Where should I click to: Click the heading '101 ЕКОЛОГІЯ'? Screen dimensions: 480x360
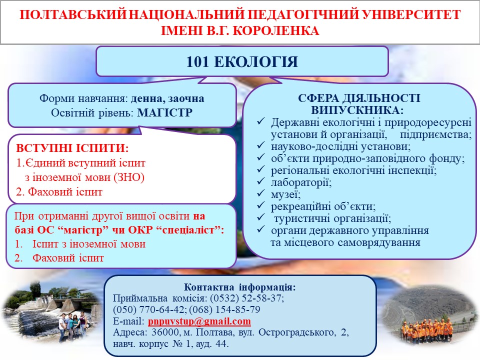pyautogui.click(x=242, y=62)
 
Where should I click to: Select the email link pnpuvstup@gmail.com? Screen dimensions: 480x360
pyautogui.click(x=199, y=321)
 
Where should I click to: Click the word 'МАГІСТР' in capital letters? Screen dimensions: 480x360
pyautogui.click(x=164, y=112)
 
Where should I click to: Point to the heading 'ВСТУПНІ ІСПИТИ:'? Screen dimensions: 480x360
pyautogui.click(x=72, y=148)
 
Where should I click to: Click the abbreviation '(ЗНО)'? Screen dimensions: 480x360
pyautogui.click(x=129, y=177)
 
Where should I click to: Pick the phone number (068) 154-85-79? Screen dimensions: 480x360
pyautogui.click(x=224, y=309)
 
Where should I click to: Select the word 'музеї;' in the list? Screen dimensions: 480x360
pyautogui.click(x=285, y=194)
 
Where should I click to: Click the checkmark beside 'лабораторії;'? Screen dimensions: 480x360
pyautogui.click(x=261, y=181)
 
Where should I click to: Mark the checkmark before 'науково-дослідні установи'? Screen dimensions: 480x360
pyautogui.click(x=261, y=145)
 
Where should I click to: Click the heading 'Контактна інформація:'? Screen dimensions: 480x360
pyautogui.click(x=239, y=287)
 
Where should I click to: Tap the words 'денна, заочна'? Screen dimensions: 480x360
pyautogui.click(x=167, y=98)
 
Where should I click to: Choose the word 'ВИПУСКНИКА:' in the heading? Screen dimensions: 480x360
pyautogui.click(x=357, y=110)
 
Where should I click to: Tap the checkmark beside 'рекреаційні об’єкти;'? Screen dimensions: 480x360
pyautogui.click(x=261, y=205)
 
